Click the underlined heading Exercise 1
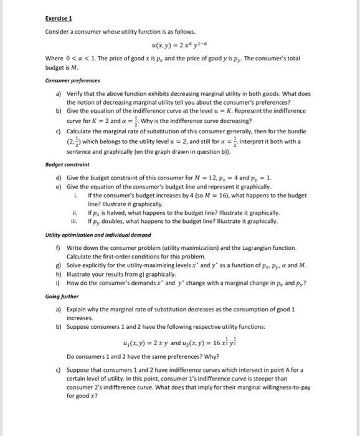60,18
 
